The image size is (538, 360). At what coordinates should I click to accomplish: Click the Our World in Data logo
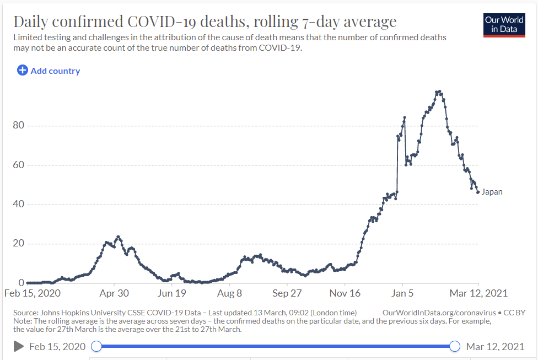(x=504, y=25)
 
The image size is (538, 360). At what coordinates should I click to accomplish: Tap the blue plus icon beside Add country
(x=23, y=71)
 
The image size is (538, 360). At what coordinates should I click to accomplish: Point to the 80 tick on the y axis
(x=18, y=126)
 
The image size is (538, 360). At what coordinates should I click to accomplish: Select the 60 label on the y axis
(x=18, y=165)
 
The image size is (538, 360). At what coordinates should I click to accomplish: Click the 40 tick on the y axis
(x=18, y=205)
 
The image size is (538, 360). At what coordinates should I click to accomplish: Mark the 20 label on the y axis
(x=18, y=244)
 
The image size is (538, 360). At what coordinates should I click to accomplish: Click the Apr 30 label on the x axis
(x=114, y=293)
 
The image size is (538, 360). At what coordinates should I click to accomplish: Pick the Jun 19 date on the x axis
(x=172, y=293)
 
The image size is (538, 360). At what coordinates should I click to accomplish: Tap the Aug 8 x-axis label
(x=230, y=293)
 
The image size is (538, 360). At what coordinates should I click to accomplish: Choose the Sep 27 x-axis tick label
(x=288, y=293)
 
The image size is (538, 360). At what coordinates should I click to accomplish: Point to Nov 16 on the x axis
(x=346, y=293)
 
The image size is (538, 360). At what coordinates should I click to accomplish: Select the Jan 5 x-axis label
(x=402, y=293)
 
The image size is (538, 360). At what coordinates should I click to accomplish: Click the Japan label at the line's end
(x=492, y=192)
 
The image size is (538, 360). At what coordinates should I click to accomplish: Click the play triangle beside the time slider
(x=18, y=346)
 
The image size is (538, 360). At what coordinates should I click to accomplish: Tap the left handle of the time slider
(x=96, y=346)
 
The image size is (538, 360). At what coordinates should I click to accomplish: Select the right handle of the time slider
(x=455, y=346)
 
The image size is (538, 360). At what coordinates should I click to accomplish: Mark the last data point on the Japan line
(x=477, y=192)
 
